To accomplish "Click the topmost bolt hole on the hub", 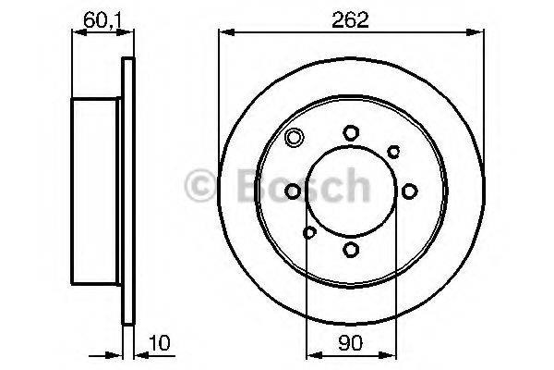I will [351, 132].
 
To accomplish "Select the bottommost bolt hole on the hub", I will [351, 248].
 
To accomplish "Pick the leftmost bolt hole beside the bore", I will [294, 191].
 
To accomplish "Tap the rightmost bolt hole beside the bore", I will [408, 191].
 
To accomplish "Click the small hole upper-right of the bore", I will [393, 150].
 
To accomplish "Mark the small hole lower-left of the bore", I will [309, 231].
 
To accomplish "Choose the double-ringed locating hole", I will [294, 140].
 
